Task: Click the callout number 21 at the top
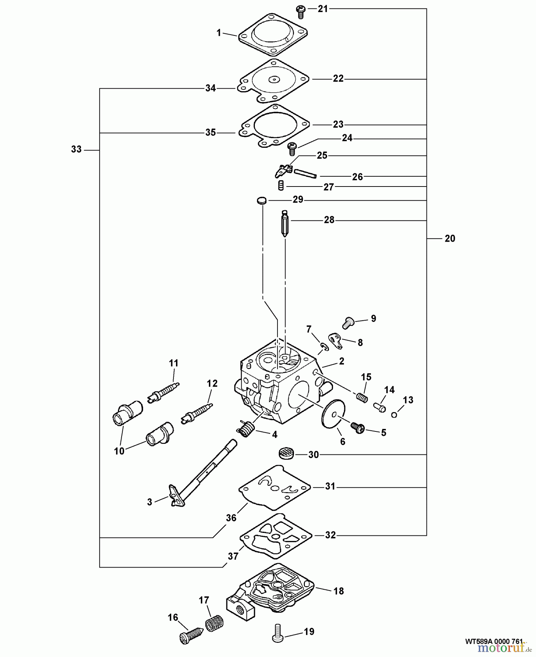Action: pos(323,9)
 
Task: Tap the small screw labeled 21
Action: pos(300,12)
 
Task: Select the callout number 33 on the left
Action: pos(76,149)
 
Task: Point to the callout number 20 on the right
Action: pos(450,238)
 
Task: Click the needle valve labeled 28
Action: pos(285,223)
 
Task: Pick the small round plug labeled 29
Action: pos(261,200)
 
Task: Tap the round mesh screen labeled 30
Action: pos(286,454)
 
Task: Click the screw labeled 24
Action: pos(292,149)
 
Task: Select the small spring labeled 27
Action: pos(281,185)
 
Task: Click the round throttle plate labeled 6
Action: pos(331,412)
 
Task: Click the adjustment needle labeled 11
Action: pos(165,391)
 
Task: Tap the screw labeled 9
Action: pos(348,322)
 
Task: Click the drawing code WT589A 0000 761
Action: pos(494,641)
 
